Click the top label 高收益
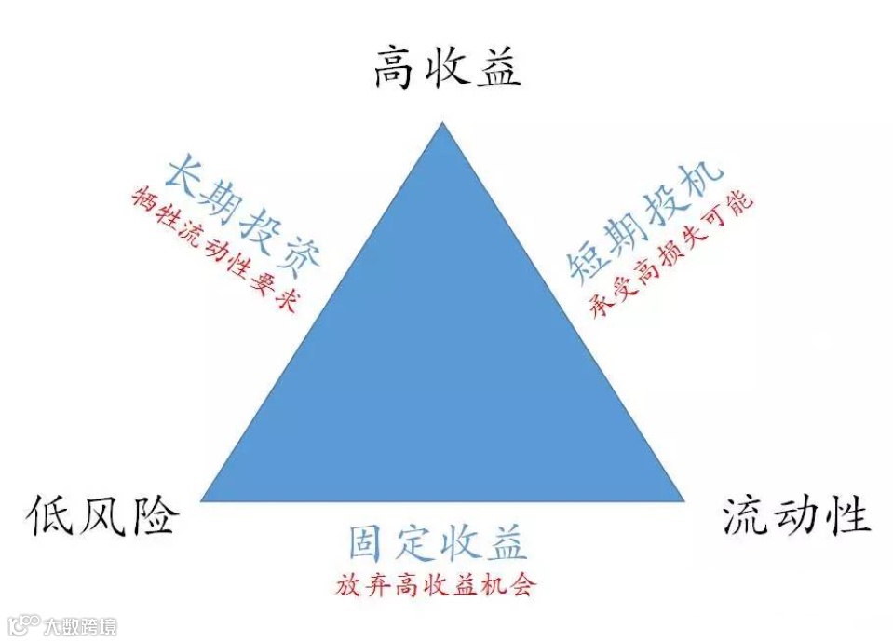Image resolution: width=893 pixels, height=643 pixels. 447,67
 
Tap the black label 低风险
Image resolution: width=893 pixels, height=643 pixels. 103,514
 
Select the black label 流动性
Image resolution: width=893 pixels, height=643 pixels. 797,515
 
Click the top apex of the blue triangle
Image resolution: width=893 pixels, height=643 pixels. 443,125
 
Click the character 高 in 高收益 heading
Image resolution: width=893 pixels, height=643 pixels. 395,67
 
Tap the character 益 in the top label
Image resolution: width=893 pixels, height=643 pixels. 498,67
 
